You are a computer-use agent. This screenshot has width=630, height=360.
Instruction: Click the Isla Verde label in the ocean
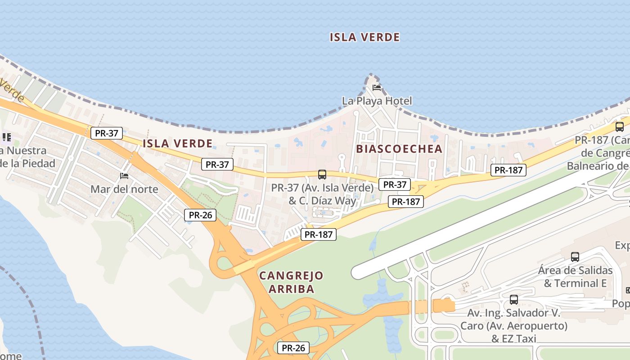click(364, 37)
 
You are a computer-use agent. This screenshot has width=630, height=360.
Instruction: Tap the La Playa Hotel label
click(377, 101)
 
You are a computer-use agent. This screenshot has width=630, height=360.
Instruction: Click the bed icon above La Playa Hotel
click(377, 87)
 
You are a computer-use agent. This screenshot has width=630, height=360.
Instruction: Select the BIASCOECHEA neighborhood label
click(399, 149)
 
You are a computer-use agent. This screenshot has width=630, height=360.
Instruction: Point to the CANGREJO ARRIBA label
click(291, 282)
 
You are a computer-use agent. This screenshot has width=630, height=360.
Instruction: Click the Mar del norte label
click(124, 189)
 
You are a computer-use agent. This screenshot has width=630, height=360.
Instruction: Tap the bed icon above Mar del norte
click(124, 175)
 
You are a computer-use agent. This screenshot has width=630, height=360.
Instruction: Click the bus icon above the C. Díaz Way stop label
click(322, 175)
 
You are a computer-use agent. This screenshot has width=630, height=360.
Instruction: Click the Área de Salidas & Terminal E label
click(575, 277)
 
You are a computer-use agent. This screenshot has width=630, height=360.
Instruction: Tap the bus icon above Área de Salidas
click(575, 257)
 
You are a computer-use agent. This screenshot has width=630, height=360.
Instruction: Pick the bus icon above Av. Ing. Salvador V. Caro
click(513, 299)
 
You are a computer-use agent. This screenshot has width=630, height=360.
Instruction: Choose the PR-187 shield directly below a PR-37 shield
click(406, 202)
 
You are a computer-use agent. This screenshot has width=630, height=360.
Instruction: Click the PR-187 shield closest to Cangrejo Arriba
click(319, 234)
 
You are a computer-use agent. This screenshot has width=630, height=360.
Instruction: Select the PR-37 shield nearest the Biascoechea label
click(395, 184)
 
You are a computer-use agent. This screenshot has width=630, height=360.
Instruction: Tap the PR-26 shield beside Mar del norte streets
click(200, 215)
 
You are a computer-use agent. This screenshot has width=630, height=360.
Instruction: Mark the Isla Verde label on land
click(177, 144)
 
